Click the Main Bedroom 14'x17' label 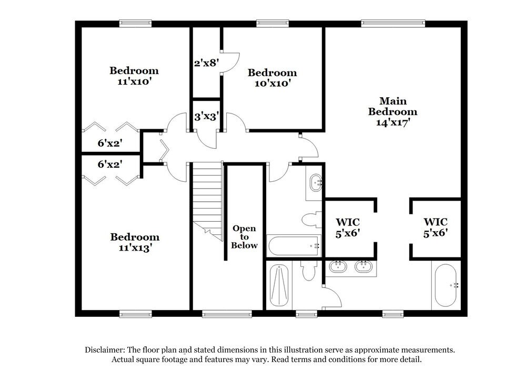click(x=392, y=111)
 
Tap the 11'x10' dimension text click(x=134, y=81)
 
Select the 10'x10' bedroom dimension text click(x=272, y=83)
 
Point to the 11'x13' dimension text click(x=134, y=248)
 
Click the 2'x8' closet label click(x=206, y=64)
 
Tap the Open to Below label click(x=245, y=236)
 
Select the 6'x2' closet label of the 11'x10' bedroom click(x=110, y=143)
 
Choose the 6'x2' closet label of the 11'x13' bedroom click(x=110, y=164)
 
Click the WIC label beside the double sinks click(x=347, y=226)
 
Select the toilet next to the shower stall click(x=309, y=271)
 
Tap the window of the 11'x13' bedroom click(x=135, y=314)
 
